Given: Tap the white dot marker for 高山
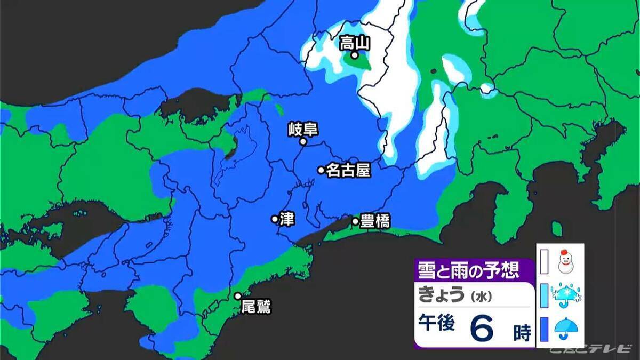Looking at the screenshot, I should click(354, 55).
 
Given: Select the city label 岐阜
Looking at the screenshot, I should click(302, 129).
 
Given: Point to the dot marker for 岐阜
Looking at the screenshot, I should click(302, 142).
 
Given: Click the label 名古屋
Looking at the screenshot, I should click(348, 170).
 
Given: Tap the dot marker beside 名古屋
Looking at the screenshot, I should click(321, 170).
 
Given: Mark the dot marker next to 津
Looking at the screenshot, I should click(275, 219).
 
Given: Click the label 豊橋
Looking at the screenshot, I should click(375, 221).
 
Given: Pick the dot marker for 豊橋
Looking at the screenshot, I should click(355, 221).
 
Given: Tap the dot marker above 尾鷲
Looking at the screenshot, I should click(238, 296).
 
